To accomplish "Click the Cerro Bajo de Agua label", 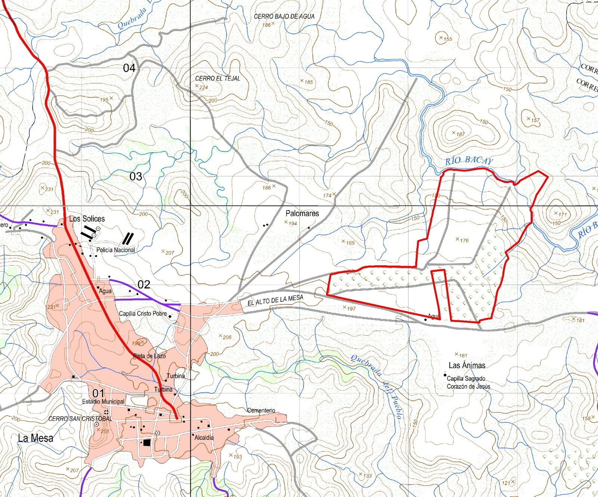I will [284, 16].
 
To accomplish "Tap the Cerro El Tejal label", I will [218, 78].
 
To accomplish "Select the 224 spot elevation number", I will [203, 87].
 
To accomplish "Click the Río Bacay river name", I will [469, 161].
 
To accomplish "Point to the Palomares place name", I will [302, 213].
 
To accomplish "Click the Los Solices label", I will [87, 219].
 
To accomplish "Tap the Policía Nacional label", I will [115, 250].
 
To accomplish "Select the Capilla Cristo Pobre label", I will [143, 314].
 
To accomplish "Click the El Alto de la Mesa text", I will [275, 300].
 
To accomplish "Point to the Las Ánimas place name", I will [467, 365].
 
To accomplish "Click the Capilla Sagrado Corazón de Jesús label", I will [468, 382].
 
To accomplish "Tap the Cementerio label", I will [261, 410].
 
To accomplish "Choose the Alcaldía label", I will [204, 437].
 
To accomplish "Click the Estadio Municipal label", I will [103, 401].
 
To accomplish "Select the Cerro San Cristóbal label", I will [80, 419].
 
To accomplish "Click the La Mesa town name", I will [36, 438].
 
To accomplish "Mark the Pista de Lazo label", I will [149, 356].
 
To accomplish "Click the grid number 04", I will [129, 68].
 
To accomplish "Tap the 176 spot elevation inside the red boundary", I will [464, 240].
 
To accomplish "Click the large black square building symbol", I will [147, 443].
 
